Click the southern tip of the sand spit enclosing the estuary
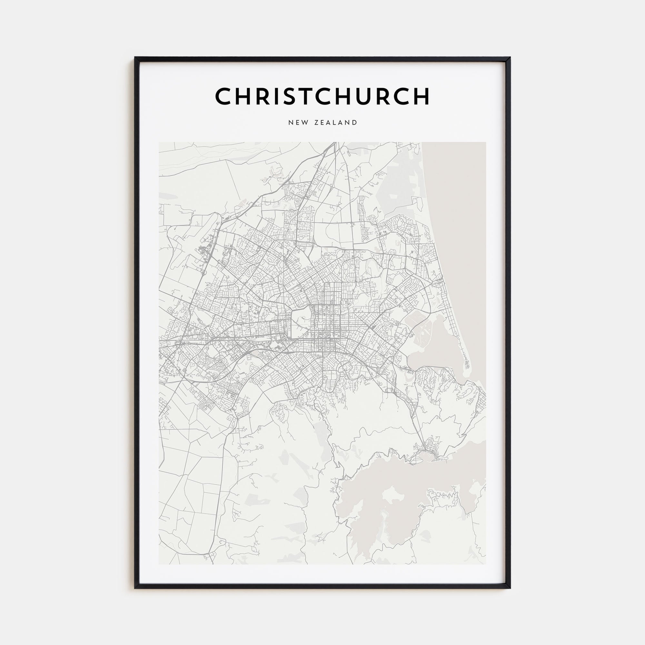467,371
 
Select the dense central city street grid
322,321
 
